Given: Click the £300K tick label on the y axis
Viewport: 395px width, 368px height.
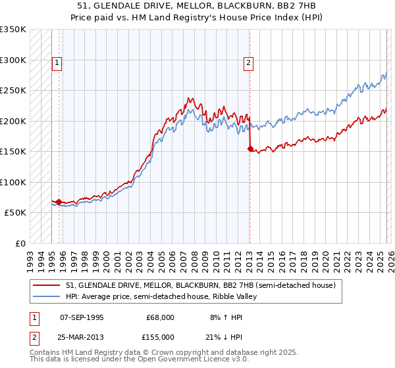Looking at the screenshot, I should click(x=13, y=60).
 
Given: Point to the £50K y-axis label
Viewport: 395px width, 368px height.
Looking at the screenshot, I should click(x=15, y=213).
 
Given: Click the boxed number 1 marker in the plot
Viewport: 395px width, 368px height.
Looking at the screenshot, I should click(x=57, y=64).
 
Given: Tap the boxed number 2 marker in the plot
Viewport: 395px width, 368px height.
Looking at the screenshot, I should click(x=248, y=64).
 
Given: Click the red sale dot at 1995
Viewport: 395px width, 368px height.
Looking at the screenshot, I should click(x=59, y=202).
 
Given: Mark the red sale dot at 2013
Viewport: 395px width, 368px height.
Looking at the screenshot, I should click(x=250, y=149).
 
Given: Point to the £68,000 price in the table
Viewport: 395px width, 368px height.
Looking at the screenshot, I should click(x=160, y=317).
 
